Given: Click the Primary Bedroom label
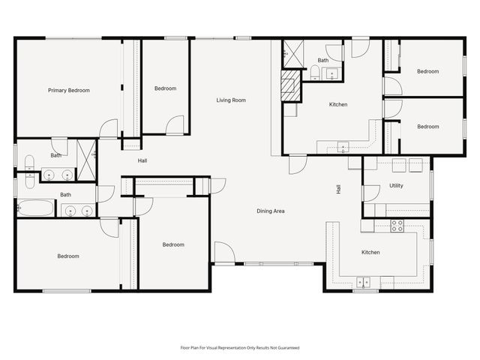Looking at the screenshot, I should point(68,90).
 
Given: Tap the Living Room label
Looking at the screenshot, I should point(232,100).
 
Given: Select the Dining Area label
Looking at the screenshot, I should point(269,211).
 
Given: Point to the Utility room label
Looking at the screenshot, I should point(397,185).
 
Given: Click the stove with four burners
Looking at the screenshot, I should point(397,223).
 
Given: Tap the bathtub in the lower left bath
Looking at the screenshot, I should point(35,208).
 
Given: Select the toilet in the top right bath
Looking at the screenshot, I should point(316,73).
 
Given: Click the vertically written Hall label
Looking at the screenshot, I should point(339,190).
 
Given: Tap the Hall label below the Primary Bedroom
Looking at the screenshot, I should point(142,160).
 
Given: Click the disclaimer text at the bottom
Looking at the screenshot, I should point(240,348).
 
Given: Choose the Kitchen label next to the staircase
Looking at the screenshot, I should point(338,104).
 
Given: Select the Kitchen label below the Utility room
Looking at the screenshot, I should point(370,253).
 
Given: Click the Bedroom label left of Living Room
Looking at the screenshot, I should point(165,88).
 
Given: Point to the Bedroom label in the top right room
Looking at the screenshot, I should point(427,71).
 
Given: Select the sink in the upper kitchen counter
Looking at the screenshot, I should point(343,147).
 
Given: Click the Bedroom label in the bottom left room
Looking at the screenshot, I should point(68,256).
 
